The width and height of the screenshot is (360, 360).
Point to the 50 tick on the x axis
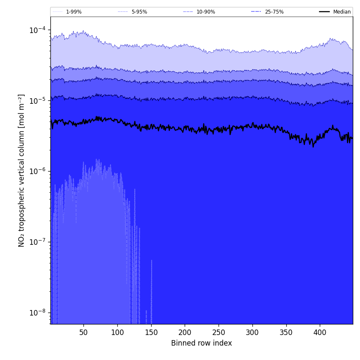pos(83,333)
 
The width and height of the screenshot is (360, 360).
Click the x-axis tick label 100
pos(117,333)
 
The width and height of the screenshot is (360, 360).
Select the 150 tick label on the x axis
pos(151,333)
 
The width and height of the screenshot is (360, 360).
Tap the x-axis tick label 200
pos(185,333)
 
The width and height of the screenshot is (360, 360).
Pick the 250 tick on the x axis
pos(219,333)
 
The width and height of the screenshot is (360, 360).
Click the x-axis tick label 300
pos(252,333)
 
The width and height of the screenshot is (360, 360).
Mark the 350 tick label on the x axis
pos(286,333)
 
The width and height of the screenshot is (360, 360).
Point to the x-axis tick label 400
pos(320,333)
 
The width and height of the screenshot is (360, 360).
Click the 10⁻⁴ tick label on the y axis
pos(37,30)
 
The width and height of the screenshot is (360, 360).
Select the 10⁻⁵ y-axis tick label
pos(37,101)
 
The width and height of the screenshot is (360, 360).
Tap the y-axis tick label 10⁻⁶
pos(37,172)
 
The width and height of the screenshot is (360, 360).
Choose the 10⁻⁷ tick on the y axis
pos(37,242)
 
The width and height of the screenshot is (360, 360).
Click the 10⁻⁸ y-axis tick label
pos(37,313)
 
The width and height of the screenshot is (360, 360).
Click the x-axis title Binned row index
pos(202,343)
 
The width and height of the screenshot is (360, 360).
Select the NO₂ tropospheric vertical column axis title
pos(22,170)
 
